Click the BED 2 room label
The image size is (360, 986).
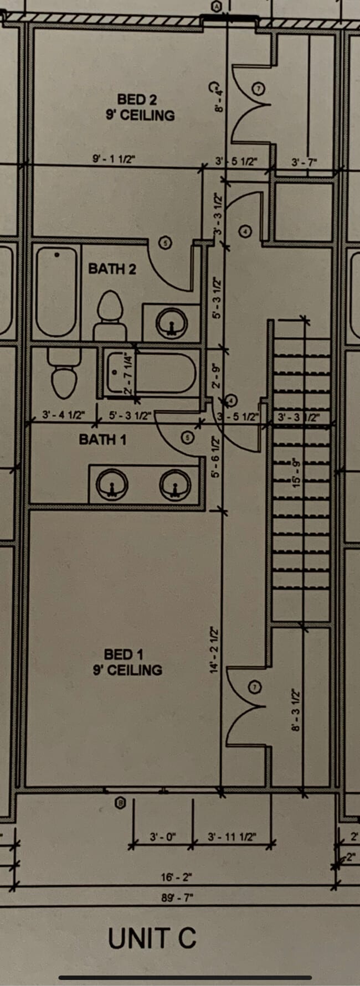click(137, 100)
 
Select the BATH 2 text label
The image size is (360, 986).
click(112, 269)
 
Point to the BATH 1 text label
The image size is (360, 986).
click(102, 440)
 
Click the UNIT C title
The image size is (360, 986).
click(152, 938)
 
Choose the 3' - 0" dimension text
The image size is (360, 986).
click(162, 837)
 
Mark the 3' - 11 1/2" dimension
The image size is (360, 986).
click(232, 837)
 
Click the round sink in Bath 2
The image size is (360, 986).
click(171, 322)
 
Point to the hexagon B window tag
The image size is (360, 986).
click(120, 803)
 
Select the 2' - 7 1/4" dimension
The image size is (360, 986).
click(128, 373)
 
